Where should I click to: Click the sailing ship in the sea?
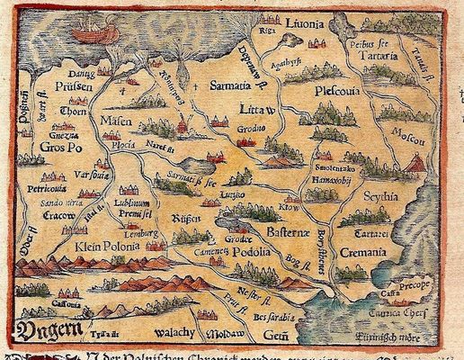pyautogui.click(x=89, y=32)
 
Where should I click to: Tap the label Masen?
pyautogui.click(x=116, y=118)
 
